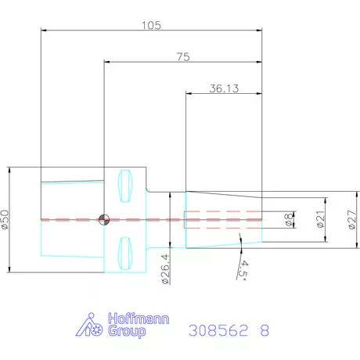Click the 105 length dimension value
151,25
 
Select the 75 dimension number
183,57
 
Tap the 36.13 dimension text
224,88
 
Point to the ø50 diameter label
5,219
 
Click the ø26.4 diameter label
165,269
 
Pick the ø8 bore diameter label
289,219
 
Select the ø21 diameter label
321,219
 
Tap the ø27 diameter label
352,220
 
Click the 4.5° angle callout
243,270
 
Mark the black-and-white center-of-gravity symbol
104,219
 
